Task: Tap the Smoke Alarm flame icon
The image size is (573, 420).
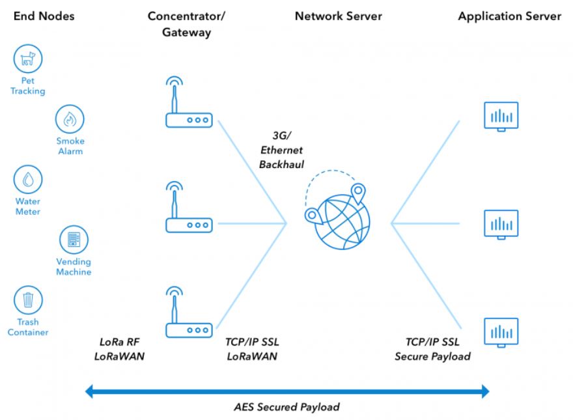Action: pyautogui.click(x=69, y=119)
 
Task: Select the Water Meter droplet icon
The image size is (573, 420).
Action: pyautogui.click(x=28, y=180)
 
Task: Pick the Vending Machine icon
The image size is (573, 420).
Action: pyautogui.click(x=73, y=240)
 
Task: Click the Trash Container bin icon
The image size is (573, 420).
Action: pyautogui.click(x=28, y=300)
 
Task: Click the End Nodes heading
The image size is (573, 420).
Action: pyautogui.click(x=43, y=17)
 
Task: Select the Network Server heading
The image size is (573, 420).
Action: pyautogui.click(x=338, y=17)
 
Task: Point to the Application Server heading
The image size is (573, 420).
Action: pyautogui.click(x=509, y=17)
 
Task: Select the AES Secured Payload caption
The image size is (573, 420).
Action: pyautogui.click(x=286, y=407)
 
